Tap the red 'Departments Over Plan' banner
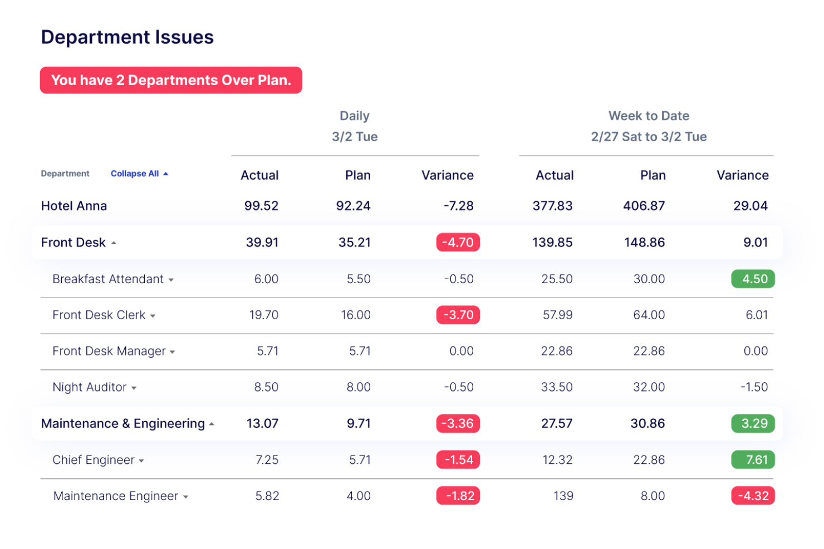click(x=171, y=80)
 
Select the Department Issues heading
click(x=127, y=37)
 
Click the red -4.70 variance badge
click(x=458, y=243)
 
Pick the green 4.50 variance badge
click(x=753, y=279)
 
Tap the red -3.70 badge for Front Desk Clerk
click(x=458, y=315)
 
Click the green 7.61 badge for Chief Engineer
click(x=753, y=459)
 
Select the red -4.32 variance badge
click(x=753, y=496)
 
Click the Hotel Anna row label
click(x=74, y=206)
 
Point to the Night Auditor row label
click(x=90, y=387)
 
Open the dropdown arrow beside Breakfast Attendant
click(x=171, y=280)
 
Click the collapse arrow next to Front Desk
click(x=114, y=243)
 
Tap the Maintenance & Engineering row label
click(x=123, y=424)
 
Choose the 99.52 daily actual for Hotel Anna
click(x=261, y=206)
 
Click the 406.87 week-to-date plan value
click(x=644, y=206)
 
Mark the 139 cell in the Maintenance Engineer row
click(x=563, y=496)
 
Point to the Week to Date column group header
click(x=649, y=116)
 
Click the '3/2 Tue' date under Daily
click(x=355, y=137)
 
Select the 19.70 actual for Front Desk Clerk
click(x=264, y=315)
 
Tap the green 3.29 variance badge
click(x=753, y=423)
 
